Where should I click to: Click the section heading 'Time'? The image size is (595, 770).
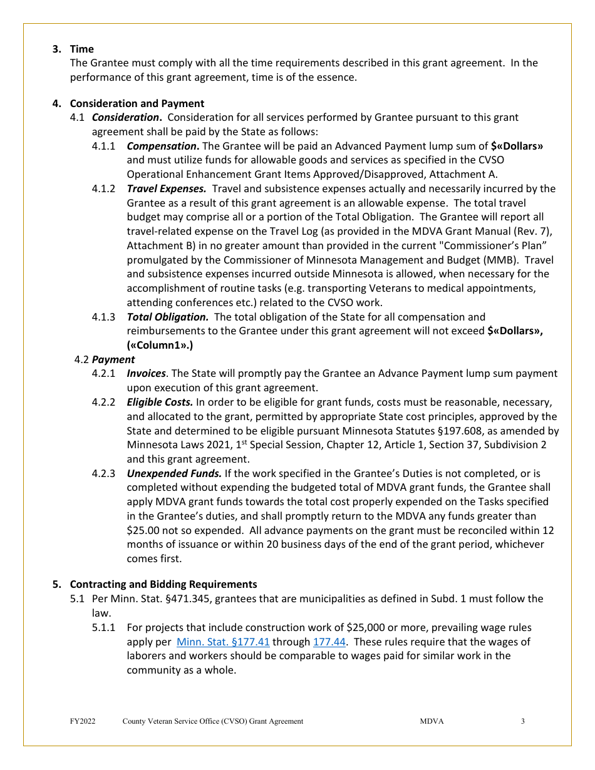click(81, 49)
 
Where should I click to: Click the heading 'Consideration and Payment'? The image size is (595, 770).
click(137, 103)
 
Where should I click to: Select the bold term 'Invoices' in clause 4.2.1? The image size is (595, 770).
click(146, 374)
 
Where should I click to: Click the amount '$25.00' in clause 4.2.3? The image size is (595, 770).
click(142, 530)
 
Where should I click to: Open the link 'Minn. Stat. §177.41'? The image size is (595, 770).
click(223, 642)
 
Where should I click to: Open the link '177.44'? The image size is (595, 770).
click(329, 642)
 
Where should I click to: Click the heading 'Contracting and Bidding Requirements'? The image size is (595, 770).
click(163, 584)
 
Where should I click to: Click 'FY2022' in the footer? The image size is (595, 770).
click(83, 721)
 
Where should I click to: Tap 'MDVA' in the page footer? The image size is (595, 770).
click(432, 721)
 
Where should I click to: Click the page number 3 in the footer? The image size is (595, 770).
click(522, 721)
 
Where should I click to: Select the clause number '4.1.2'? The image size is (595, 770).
click(103, 188)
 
